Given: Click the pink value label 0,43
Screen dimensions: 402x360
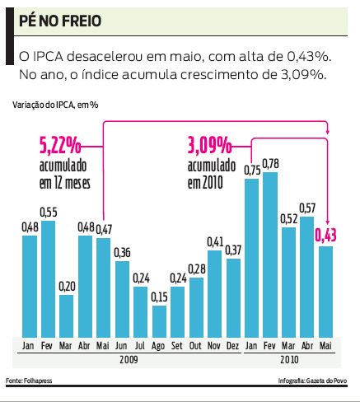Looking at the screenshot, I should pos(325,236).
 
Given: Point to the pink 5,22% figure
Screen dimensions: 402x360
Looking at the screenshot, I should pos(60,147).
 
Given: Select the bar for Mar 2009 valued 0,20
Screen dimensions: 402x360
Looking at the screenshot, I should pos(67,313).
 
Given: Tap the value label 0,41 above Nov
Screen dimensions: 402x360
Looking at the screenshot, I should pos(215,241).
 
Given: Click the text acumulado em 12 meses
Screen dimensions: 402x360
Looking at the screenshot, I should pos(63,174).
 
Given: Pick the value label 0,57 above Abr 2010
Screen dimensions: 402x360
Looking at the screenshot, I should pos(307,207).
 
